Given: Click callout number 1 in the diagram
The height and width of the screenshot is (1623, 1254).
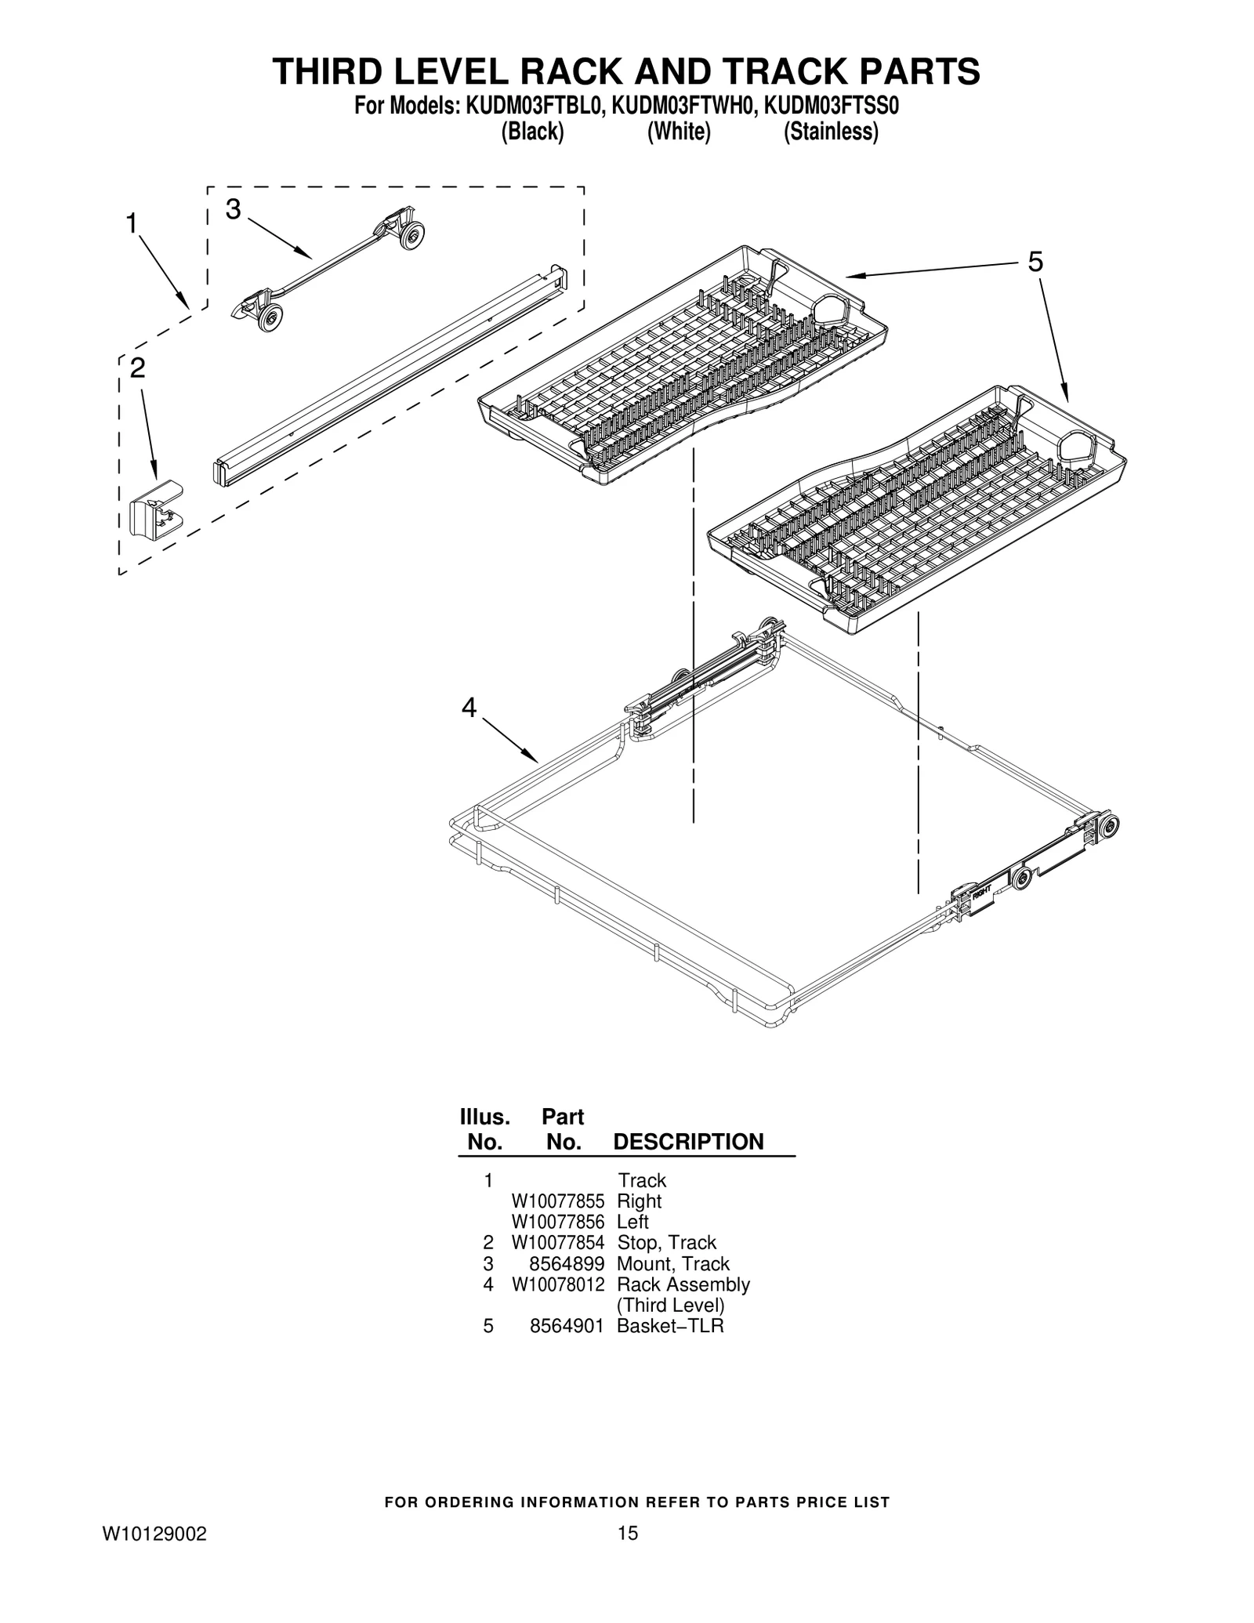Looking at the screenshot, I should tap(132, 224).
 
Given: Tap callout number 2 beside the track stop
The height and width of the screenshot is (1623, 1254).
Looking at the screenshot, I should tap(138, 368).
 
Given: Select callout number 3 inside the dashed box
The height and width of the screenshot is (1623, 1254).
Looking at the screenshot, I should tap(233, 209).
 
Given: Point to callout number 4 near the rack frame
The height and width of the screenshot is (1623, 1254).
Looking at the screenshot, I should tap(469, 708).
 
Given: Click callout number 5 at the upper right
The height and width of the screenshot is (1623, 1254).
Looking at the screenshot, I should tap(1035, 262).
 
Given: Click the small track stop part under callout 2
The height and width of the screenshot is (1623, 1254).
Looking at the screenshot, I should tap(154, 510).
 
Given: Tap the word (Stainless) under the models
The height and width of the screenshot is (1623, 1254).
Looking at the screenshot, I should tap(831, 132).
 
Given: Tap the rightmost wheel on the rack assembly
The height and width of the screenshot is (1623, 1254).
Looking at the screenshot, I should tap(1109, 829).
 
